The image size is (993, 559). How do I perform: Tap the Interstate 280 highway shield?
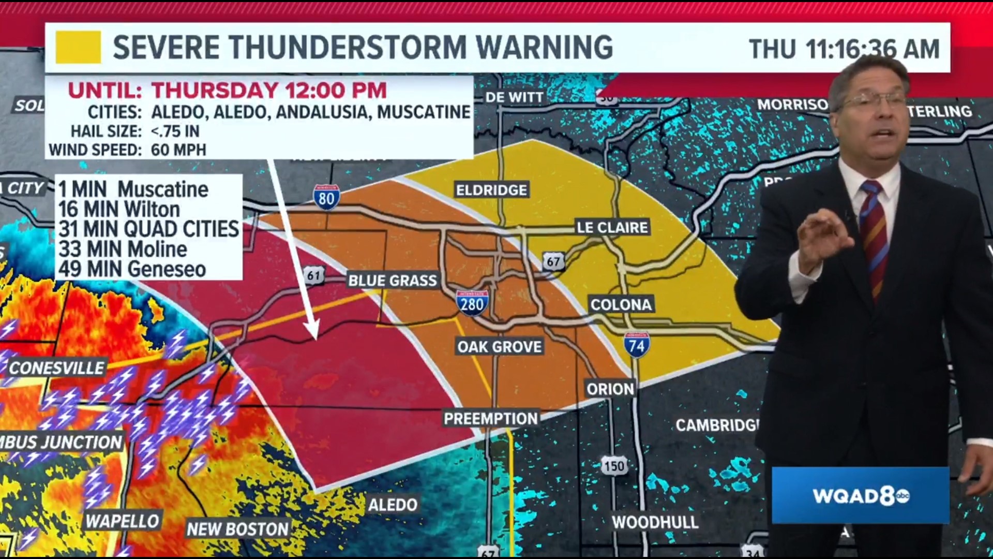[472, 303]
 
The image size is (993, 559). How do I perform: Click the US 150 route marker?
[614, 466]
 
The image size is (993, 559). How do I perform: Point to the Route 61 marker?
[314, 275]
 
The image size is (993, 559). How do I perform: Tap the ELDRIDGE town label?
[491, 190]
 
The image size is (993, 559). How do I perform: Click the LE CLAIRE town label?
[612, 227]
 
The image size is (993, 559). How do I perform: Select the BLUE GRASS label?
[393, 281]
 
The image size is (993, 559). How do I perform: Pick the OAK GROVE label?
[499, 347]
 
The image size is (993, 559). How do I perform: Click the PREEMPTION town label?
[491, 418]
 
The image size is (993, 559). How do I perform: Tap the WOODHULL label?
[655, 522]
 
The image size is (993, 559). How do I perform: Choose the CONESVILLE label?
[57, 368]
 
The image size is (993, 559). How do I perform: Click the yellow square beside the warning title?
[78, 47]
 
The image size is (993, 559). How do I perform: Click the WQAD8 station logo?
[860, 496]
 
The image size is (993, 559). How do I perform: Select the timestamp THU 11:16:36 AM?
[844, 49]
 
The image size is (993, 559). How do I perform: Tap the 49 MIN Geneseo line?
[132, 269]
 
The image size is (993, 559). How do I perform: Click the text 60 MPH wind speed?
[178, 150]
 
